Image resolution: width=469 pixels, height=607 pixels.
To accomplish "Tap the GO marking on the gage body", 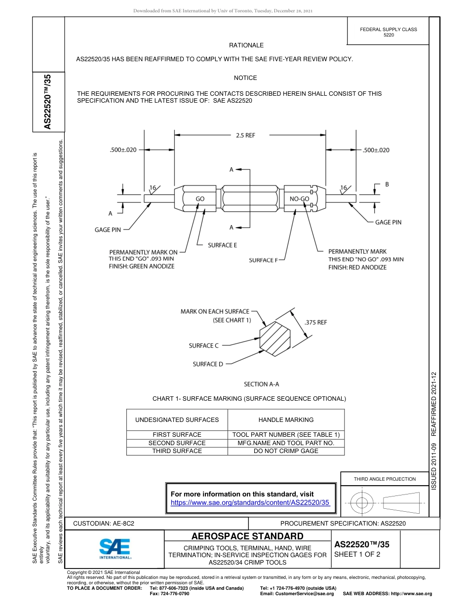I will click(x=200, y=199).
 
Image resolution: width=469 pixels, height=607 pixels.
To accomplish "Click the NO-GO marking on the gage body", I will click(x=299, y=199).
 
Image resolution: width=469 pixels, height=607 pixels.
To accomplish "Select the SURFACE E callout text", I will click(x=222, y=245).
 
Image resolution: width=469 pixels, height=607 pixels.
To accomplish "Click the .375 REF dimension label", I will click(x=315, y=322).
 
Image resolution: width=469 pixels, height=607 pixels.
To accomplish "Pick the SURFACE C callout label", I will click(x=203, y=345).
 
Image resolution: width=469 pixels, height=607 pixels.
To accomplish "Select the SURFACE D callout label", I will click(x=208, y=364).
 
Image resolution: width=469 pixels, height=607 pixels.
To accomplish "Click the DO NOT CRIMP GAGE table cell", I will click(x=286, y=451).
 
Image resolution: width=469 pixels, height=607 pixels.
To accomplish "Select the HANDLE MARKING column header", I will click(x=286, y=420).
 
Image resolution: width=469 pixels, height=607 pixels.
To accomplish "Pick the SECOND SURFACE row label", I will click(x=177, y=443).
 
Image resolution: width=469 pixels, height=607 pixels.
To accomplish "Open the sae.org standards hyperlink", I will click(x=250, y=502).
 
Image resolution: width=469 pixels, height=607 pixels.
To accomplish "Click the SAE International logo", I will click(x=115, y=548).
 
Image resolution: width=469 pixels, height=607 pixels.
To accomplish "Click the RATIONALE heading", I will click(x=246, y=45).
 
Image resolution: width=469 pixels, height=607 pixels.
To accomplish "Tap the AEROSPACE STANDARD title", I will click(x=247, y=536).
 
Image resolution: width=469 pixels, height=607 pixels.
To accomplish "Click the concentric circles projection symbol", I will click(x=362, y=503).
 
